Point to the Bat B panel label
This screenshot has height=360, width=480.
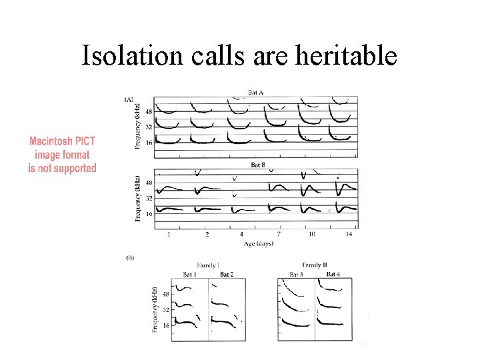258,164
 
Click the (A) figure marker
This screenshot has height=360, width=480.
129,99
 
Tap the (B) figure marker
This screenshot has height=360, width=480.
129,257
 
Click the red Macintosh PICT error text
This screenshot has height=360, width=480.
62,155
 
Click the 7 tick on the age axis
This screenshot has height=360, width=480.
279,235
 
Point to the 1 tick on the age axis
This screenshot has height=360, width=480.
169,235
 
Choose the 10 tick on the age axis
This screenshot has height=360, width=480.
311,235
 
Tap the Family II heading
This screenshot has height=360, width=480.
314,265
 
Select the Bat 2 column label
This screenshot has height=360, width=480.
226,275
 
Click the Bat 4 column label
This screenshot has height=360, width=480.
333,275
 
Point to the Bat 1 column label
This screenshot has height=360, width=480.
191,275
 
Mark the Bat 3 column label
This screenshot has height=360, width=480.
297,275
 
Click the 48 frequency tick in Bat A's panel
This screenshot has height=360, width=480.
149,111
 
